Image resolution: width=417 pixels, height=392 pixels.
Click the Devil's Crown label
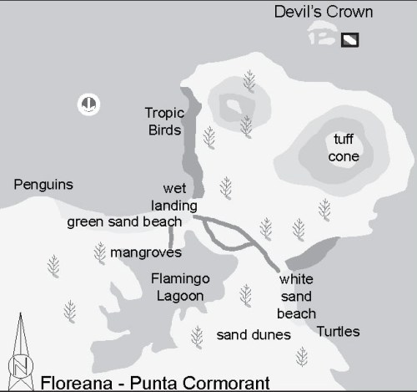coord(324,13)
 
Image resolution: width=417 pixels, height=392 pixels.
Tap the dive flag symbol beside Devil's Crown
coord(350,38)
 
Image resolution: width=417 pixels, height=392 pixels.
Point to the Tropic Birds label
coord(163,120)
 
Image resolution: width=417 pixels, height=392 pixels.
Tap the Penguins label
coord(43,185)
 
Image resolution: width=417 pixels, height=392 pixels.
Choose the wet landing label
coord(174,196)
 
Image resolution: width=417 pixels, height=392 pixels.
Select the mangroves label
coord(146,252)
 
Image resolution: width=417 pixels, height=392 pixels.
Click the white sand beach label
coord(297,296)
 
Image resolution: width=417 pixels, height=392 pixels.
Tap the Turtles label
coord(338,332)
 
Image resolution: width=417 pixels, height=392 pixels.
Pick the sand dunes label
coord(253,335)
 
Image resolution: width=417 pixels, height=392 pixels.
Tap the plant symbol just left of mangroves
coord(99,252)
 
